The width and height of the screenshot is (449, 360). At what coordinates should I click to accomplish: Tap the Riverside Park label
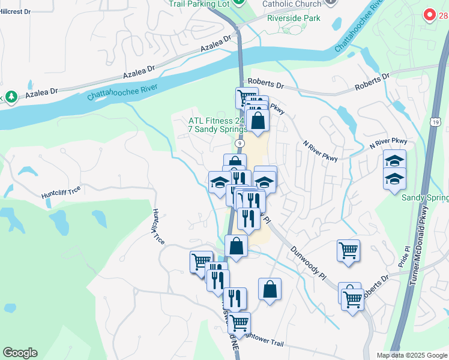tap(294, 18)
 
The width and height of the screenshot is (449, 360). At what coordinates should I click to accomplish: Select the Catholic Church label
tap(292, 4)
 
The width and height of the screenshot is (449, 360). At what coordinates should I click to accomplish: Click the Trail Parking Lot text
tap(200, 4)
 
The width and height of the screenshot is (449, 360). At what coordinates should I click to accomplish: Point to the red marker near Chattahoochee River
tap(429, 14)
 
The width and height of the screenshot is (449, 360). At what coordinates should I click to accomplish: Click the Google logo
tap(20, 353)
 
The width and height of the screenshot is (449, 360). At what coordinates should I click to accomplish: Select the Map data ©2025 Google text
tap(411, 355)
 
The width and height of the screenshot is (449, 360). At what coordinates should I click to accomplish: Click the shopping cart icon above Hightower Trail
tap(239, 323)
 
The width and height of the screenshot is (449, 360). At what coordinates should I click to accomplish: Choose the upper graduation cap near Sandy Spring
tap(394, 161)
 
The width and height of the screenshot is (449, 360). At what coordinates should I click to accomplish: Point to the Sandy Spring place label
tap(424, 198)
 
